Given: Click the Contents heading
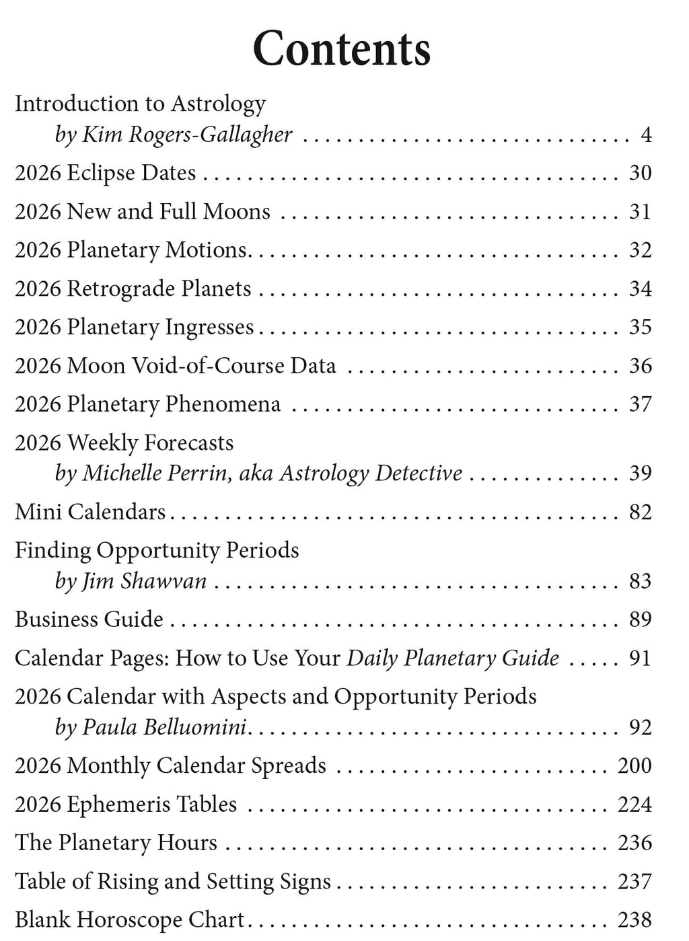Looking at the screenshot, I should click(341, 48).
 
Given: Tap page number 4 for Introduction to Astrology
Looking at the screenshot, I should click(646, 135).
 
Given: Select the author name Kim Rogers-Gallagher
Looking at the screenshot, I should click(187, 135).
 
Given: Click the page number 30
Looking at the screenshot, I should click(640, 173).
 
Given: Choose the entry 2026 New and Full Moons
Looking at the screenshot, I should click(143, 211).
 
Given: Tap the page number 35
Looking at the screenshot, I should click(640, 327).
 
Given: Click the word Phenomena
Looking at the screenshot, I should click(223, 404).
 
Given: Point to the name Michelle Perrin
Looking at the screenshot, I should click(156, 473).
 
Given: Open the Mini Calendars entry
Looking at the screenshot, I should click(90, 512).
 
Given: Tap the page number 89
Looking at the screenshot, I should click(640, 619).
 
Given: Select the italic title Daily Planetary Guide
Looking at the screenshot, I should click(453, 658).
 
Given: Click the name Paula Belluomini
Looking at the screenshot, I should click(164, 727).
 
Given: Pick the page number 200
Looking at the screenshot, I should click(634, 765).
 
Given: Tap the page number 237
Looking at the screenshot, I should click(634, 881).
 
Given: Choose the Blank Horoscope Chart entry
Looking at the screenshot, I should click(130, 919).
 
